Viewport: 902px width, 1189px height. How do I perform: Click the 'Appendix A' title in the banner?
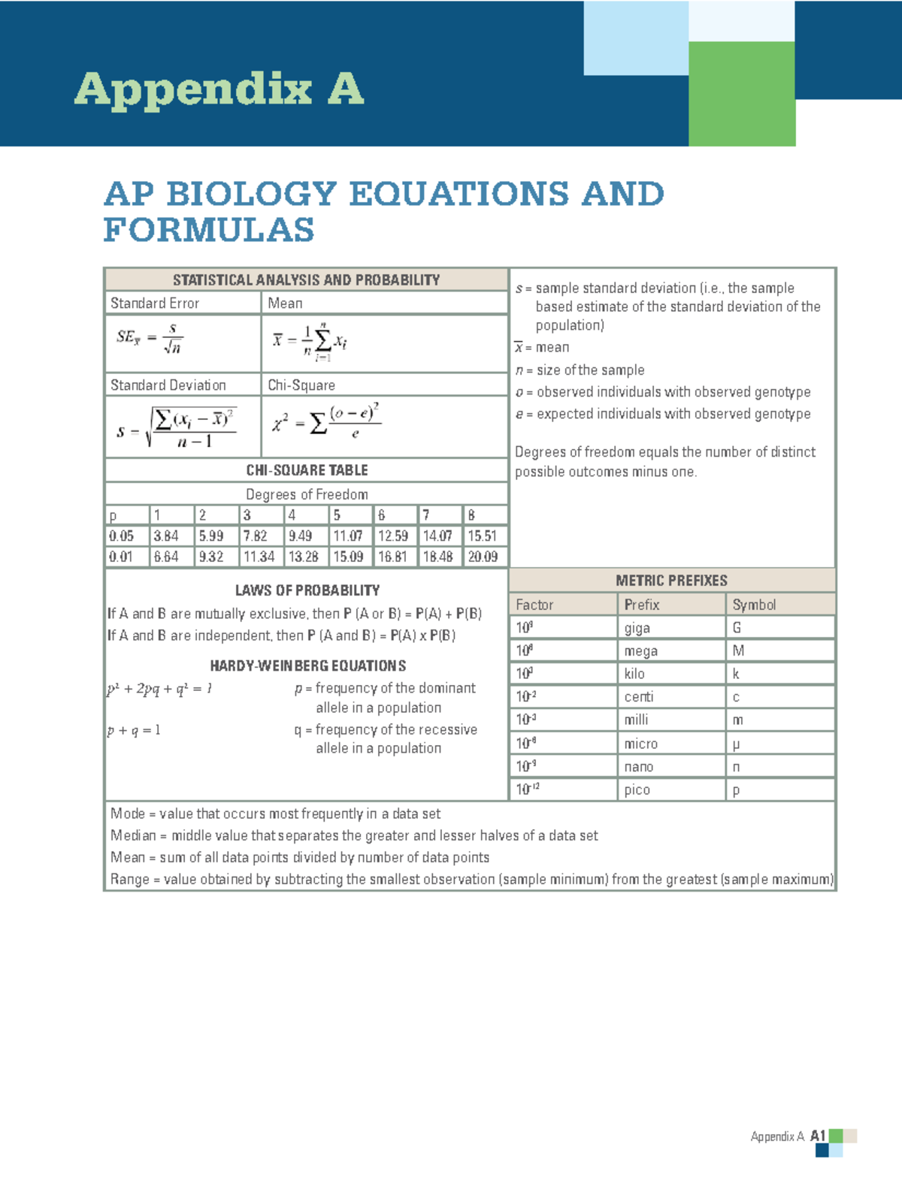point(219,89)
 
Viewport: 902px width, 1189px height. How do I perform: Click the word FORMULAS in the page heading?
point(209,230)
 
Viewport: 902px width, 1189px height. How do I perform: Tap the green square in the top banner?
point(741,93)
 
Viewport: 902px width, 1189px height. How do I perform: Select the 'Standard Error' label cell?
point(155,303)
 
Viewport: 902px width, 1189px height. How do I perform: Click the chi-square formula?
point(326,423)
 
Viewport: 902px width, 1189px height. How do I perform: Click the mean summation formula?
point(310,342)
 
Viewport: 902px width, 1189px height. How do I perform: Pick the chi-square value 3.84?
point(165,536)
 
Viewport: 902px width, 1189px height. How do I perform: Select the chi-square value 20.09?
point(482,557)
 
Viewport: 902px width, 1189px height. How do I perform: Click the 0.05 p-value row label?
point(121,536)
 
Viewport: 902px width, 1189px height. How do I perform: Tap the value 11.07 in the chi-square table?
point(347,536)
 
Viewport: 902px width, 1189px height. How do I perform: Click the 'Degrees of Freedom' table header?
point(307,494)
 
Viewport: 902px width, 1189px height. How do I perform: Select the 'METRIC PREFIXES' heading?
point(671,581)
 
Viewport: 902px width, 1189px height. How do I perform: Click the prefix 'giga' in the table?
point(637,628)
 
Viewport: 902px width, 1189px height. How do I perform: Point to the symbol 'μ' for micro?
point(736,744)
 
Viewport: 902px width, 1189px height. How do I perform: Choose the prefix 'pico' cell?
point(637,789)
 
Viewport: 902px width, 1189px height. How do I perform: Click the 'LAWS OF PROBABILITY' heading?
point(307,590)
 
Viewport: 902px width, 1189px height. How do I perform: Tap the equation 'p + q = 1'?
point(134,730)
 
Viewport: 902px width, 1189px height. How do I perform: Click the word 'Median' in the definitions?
point(133,835)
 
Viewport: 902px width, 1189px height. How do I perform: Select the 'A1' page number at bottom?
point(818,1136)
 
